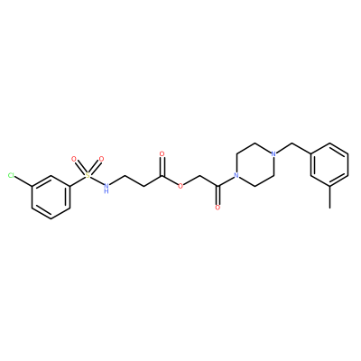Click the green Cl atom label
[12, 175]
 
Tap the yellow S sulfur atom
[88, 175]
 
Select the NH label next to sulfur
[106, 188]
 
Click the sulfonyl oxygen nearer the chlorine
[74, 159]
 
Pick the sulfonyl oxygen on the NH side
[101, 159]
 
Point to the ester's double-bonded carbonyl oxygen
[162, 154]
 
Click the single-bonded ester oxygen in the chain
[180, 186]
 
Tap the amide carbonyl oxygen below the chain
[218, 208]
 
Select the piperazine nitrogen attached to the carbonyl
[236, 175]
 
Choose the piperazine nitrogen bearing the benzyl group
[273, 154]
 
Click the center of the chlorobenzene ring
[51, 197]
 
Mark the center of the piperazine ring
[255, 165]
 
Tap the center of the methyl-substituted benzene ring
[329, 165]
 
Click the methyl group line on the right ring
[329, 197]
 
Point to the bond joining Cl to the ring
[23, 180]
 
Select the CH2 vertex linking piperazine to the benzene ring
[292, 143]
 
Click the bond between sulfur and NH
[97, 180]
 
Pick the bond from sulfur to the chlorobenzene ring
[78, 181]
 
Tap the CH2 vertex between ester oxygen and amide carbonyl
[199, 175]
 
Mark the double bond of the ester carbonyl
[162, 166]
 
